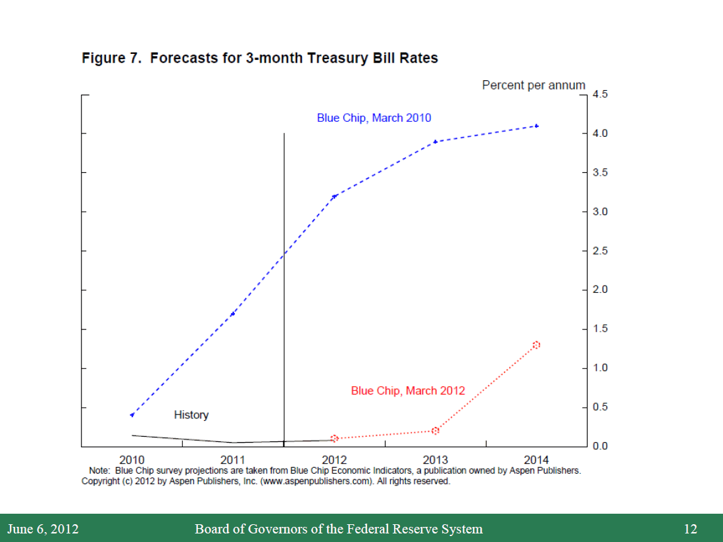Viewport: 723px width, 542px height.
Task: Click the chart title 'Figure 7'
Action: (259, 58)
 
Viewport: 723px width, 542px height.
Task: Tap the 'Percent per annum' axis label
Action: (533, 85)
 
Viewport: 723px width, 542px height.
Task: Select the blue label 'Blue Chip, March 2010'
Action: (374, 118)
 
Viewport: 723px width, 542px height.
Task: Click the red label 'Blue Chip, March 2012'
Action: (408, 391)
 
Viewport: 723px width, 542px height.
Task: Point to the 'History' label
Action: (191, 415)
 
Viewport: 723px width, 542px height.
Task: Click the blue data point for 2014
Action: (537, 126)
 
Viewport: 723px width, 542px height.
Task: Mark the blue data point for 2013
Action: (436, 141)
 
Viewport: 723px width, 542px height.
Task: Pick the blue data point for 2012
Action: (334, 196)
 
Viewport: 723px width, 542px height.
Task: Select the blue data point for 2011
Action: (233, 314)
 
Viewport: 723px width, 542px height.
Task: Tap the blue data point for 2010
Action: (132, 415)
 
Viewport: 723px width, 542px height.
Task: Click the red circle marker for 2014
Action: (536, 345)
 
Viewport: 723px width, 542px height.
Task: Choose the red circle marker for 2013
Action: (436, 431)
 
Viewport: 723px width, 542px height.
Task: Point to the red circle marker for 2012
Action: (334, 438)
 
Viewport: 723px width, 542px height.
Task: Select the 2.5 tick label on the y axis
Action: (600, 251)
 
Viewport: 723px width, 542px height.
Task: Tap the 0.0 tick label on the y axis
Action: (600, 446)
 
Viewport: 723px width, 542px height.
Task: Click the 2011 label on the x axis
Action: (233, 459)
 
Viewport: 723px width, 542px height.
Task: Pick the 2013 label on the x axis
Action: (436, 459)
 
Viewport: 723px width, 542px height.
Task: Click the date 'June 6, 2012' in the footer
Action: (43, 529)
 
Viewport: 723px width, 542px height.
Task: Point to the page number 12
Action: (690, 529)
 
